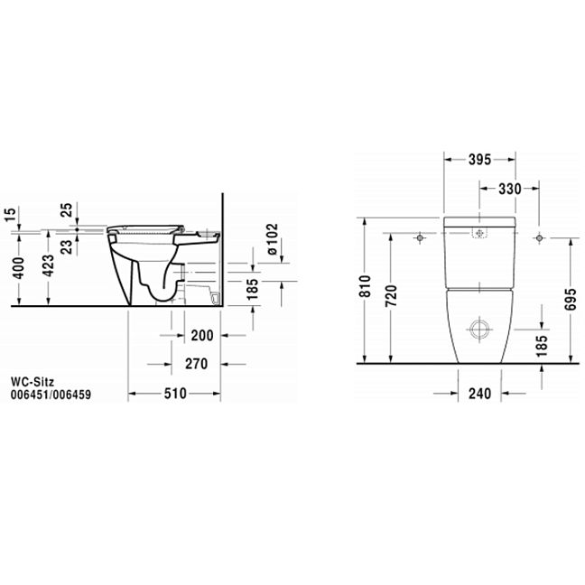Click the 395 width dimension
pos(479,160)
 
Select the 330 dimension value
pos(510,189)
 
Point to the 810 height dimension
pos(366,286)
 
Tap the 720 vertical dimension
pos(392,296)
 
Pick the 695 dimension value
pos(571,299)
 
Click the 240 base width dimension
pos(479,394)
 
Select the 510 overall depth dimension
pos(175,394)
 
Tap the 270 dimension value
pos(196,364)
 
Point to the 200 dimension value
pos(202,336)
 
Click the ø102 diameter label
pos(273,239)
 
